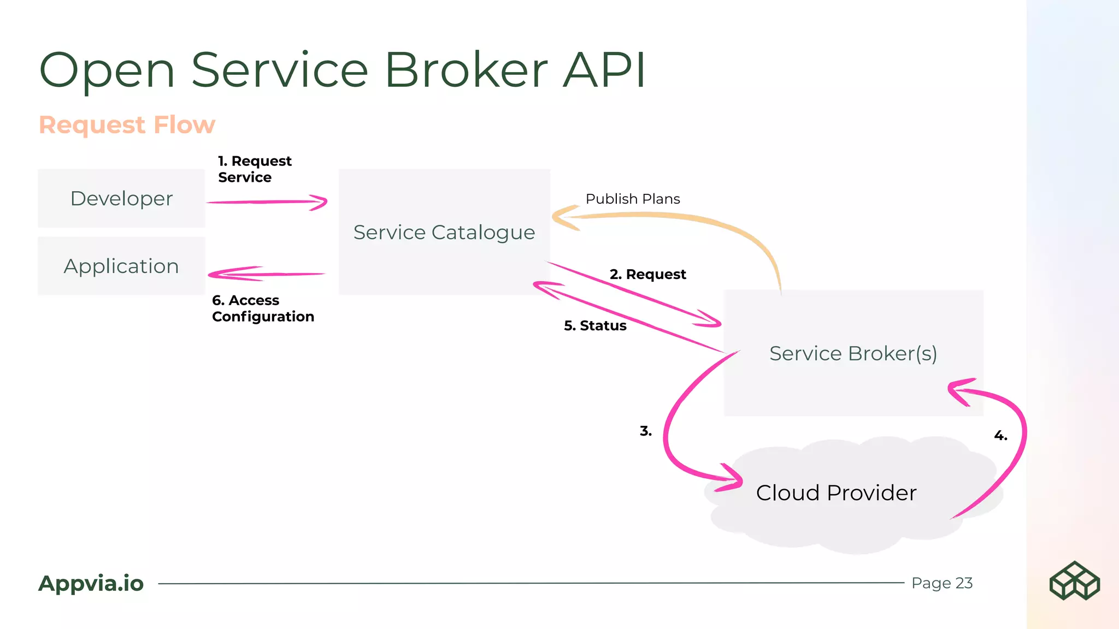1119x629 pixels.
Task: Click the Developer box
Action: coord(121,198)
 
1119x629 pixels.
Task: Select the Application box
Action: coord(121,266)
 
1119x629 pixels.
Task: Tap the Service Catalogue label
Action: coord(444,233)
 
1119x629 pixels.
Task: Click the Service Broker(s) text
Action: coord(853,353)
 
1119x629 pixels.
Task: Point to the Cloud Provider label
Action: coord(836,492)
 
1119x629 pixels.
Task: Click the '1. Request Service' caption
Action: coord(255,169)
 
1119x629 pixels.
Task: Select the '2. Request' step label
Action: coord(647,274)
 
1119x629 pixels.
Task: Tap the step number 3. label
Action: coord(646,431)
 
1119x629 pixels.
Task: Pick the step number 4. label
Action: coord(1000,435)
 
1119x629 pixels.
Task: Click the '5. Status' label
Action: coord(595,325)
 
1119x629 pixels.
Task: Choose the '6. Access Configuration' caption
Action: coord(263,308)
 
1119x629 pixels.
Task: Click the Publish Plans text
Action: coord(633,199)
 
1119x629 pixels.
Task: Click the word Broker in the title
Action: coord(466,70)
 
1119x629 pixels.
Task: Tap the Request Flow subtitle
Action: coord(127,124)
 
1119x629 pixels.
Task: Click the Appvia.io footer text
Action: coord(91,583)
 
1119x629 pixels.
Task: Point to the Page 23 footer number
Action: coord(942,583)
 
